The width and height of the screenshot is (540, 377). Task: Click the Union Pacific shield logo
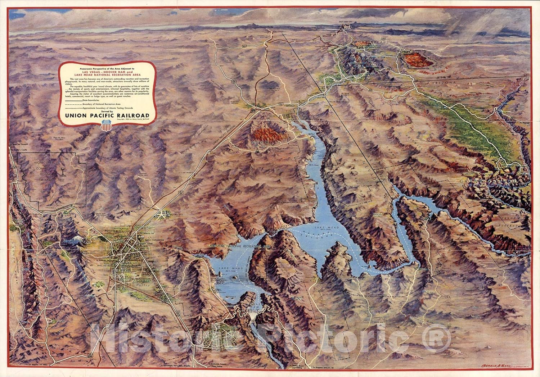point(107,126)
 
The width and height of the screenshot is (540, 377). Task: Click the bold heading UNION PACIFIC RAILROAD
point(107,115)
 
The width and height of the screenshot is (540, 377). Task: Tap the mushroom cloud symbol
point(63,172)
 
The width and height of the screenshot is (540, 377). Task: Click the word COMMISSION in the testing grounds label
point(46,168)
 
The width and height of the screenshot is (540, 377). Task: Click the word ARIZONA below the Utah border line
point(447,82)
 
